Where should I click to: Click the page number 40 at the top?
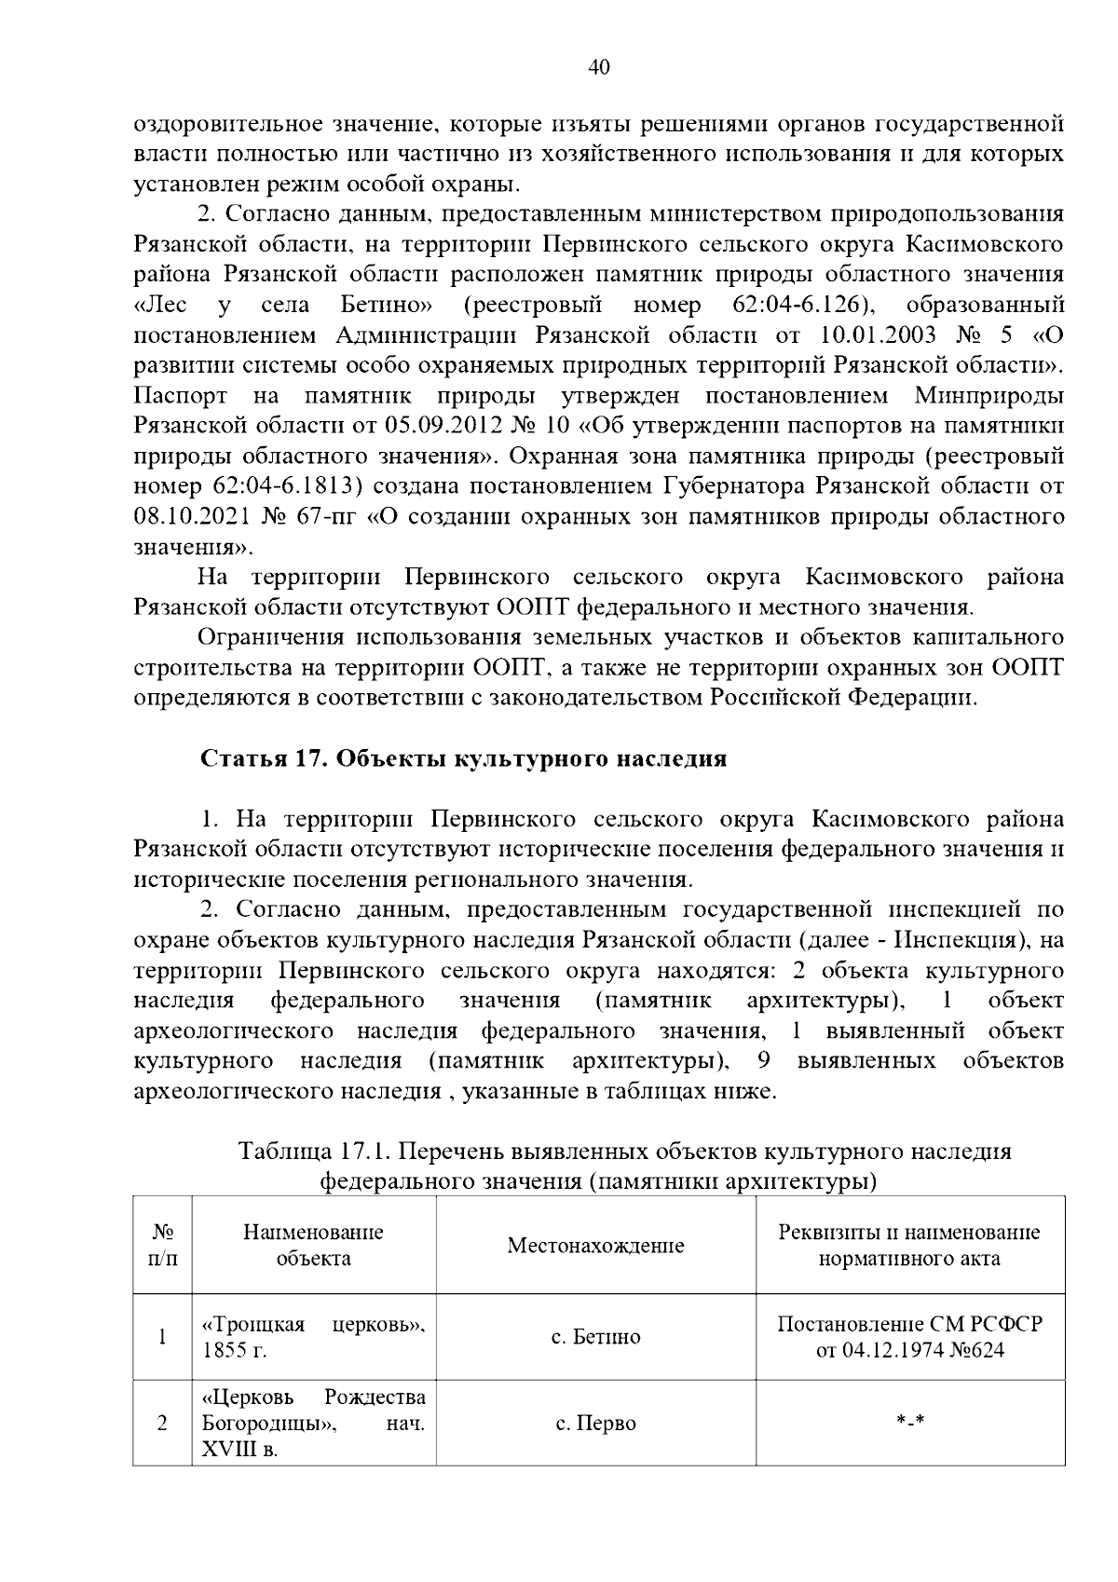[x=599, y=67]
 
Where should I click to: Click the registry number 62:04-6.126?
[x=795, y=306]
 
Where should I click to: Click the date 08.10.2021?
[x=191, y=516]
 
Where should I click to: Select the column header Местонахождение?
[x=595, y=1246]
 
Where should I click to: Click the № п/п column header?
[x=162, y=1246]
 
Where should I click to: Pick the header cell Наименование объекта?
[x=313, y=1246]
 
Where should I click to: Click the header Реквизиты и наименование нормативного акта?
[x=909, y=1246]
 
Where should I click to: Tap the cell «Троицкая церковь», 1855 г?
[x=313, y=1337]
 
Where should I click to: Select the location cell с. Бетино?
[x=595, y=1337]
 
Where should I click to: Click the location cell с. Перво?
[x=595, y=1424]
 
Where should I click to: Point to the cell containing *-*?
[x=909, y=1423]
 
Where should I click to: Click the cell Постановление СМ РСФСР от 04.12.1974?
[x=909, y=1337]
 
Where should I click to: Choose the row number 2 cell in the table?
[x=162, y=1424]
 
